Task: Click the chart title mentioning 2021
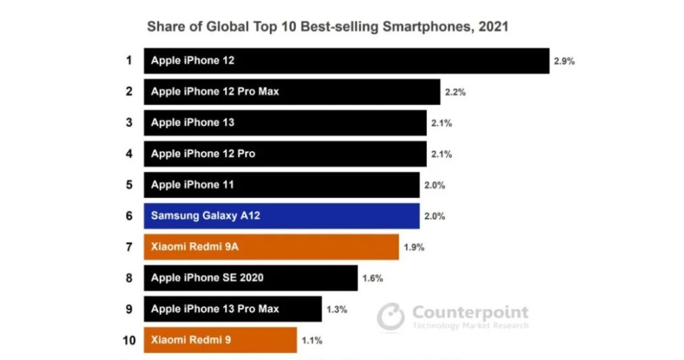click(x=327, y=28)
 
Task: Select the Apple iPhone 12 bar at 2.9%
click(x=346, y=60)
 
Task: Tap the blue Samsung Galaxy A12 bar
click(x=282, y=215)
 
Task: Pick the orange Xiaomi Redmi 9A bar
click(x=271, y=247)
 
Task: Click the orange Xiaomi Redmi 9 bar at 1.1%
click(x=220, y=340)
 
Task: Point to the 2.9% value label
click(x=564, y=61)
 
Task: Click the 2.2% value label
click(x=455, y=92)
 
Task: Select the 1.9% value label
click(x=414, y=247)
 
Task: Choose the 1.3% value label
click(x=336, y=309)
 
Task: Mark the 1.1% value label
click(x=311, y=341)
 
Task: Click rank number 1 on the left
click(x=129, y=60)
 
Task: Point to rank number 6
click(x=129, y=215)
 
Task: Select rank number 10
click(x=129, y=340)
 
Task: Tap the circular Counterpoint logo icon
click(x=391, y=317)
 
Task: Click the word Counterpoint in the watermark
click(x=470, y=312)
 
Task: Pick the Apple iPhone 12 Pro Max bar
click(x=292, y=92)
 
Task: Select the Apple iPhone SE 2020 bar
click(x=250, y=278)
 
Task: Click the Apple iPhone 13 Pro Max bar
click(x=233, y=309)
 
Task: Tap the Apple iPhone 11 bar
click(x=282, y=185)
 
